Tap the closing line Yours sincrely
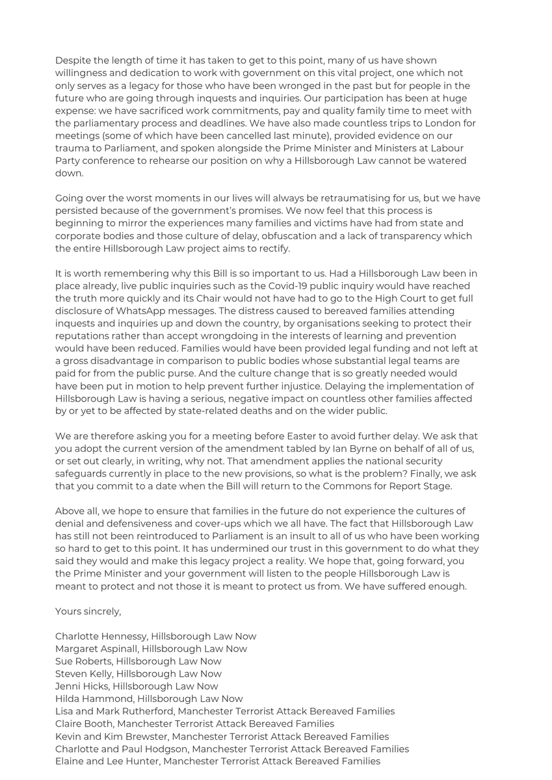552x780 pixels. pos(88,611)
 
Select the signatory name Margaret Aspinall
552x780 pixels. pos(96,649)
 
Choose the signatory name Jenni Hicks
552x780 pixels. pos(81,686)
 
